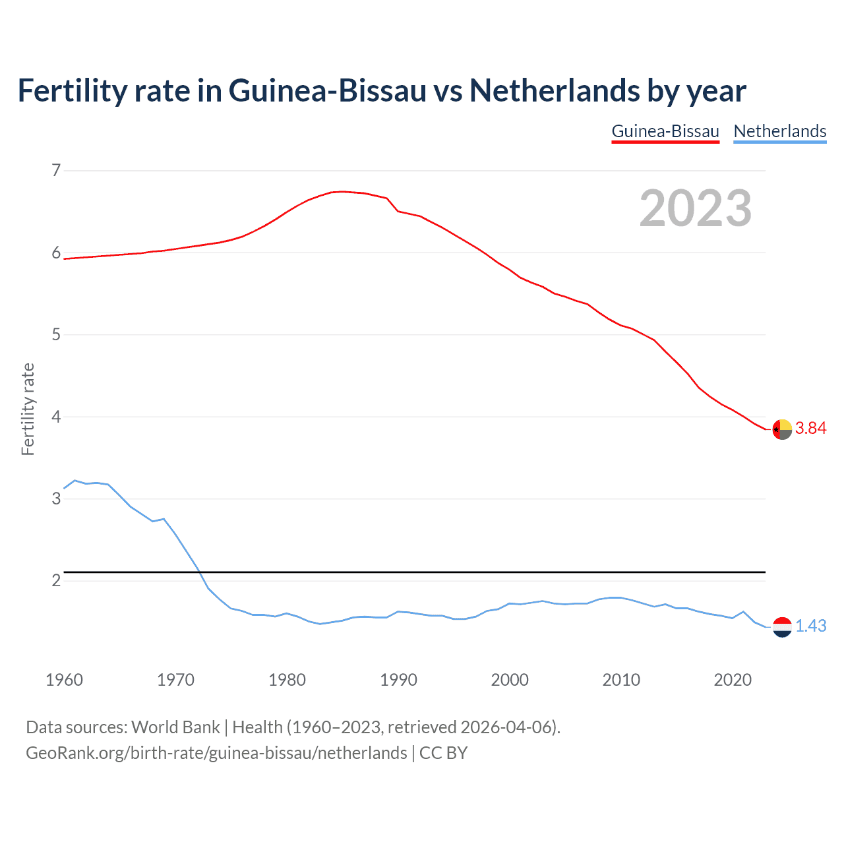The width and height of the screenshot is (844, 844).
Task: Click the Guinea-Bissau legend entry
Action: (665, 131)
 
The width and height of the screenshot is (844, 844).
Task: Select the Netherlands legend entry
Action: (779, 131)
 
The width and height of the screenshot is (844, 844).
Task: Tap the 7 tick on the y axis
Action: (56, 171)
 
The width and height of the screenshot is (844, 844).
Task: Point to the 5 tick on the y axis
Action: (56, 335)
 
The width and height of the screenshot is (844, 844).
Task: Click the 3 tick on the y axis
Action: (56, 499)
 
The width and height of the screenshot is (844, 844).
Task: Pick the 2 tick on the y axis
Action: (56, 581)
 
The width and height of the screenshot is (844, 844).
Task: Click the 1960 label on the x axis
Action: (64, 680)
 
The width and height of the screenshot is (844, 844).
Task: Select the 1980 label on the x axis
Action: (287, 680)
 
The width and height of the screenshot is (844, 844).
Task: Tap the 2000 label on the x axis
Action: (510, 680)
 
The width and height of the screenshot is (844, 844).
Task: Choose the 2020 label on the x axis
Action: (733, 680)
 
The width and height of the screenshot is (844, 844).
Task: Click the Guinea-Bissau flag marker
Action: (782, 429)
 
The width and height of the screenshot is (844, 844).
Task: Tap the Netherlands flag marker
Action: (782, 627)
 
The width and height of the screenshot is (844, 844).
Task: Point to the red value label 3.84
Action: (810, 429)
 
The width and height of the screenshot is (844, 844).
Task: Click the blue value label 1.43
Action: (810, 626)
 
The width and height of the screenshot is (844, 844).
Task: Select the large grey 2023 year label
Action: (695, 208)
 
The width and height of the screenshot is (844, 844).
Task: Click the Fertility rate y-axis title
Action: (28, 409)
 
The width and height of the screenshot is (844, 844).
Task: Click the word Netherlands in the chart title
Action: (554, 91)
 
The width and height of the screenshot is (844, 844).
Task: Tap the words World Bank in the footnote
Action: (175, 727)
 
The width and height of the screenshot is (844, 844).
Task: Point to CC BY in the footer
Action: (443, 753)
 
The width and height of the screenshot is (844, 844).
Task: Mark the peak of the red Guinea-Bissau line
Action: (342, 191)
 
